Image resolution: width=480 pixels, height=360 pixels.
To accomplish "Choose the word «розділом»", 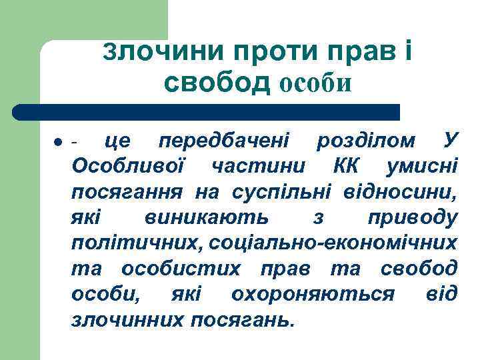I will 367,141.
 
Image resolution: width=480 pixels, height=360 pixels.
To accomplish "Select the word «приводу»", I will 413,218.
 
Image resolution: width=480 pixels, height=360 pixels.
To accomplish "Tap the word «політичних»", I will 137,243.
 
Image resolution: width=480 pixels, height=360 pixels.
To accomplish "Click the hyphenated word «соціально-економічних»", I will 333,243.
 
